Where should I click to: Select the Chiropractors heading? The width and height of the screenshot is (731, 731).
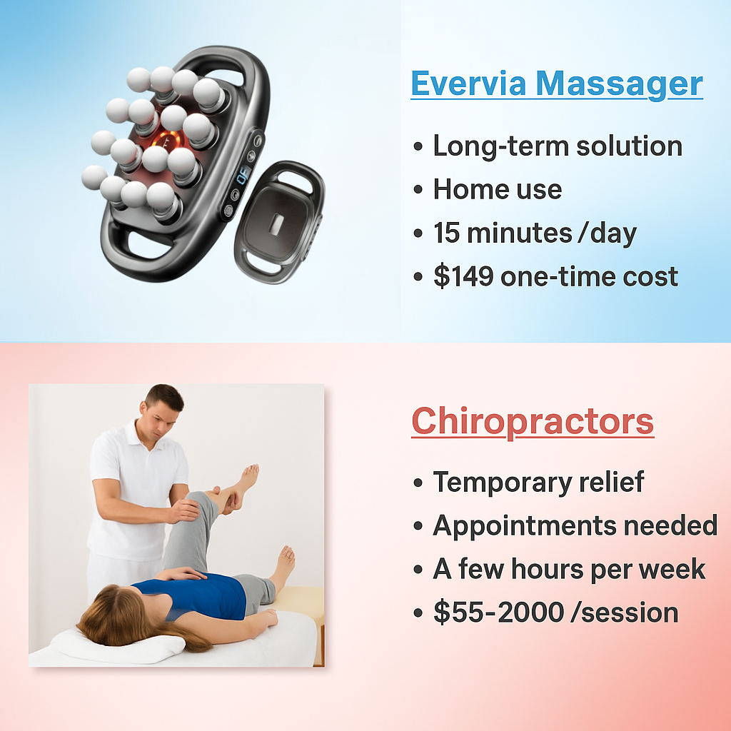pos(533,420)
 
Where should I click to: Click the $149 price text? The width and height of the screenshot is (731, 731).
pos(463,276)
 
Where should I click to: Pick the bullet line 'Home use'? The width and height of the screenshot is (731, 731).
pos(497,189)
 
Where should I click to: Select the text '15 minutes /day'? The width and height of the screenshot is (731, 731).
pos(534,233)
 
